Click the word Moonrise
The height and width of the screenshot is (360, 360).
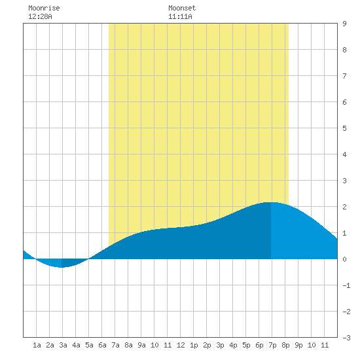point(44,8)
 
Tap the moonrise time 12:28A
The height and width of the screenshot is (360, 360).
point(40,16)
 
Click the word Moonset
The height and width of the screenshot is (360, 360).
point(182,8)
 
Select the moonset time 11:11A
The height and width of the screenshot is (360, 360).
point(180,16)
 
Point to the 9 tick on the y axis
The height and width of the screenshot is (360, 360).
point(344,24)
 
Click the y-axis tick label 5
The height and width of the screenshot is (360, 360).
point(344,128)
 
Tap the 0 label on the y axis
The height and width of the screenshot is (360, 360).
point(344,259)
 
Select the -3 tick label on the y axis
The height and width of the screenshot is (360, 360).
point(346,338)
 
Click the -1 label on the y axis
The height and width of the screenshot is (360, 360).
point(346,285)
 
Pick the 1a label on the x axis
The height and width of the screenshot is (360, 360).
point(37,345)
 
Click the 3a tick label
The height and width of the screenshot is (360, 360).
point(63,345)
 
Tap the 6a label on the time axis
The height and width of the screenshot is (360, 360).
point(102,345)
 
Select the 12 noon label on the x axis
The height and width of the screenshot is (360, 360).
point(181,345)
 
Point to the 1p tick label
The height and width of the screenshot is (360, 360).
point(194,345)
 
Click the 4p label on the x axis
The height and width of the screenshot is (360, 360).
point(233,345)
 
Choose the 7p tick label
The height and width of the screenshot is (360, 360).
point(272,345)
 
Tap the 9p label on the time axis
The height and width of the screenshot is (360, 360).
point(298,345)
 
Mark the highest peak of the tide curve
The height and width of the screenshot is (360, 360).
point(271,202)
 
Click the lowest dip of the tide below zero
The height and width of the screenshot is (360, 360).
point(62,267)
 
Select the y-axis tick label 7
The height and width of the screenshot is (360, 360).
point(344,76)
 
